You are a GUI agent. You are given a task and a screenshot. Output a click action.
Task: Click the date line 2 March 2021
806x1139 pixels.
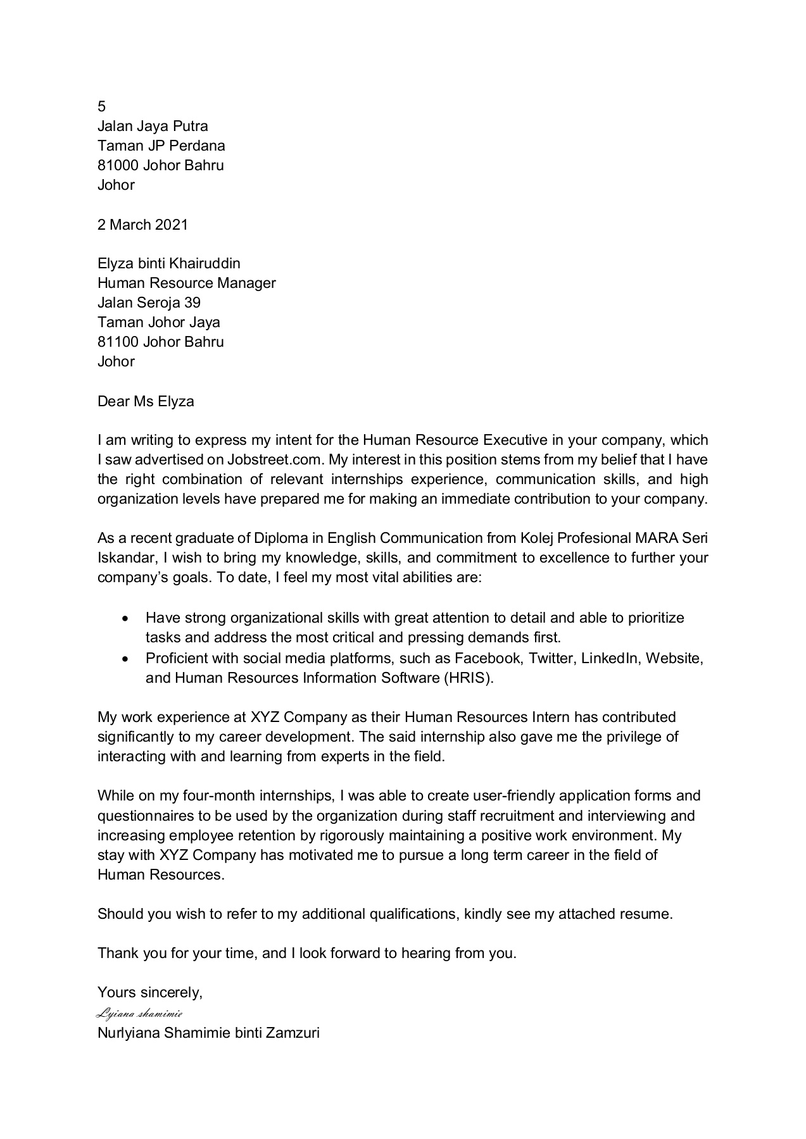click(x=142, y=225)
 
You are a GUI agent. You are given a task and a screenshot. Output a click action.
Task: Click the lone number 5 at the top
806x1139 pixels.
click(x=102, y=107)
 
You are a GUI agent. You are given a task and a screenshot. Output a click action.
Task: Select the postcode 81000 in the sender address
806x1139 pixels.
click(x=118, y=166)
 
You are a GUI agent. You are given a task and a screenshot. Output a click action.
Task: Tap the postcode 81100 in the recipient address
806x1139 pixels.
click(x=118, y=342)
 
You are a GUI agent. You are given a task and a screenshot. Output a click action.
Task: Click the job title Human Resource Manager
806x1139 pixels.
click(x=186, y=283)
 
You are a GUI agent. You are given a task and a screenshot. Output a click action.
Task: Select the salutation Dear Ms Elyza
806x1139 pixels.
click(x=146, y=401)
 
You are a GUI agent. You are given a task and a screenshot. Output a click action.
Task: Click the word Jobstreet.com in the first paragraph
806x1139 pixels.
click(x=279, y=459)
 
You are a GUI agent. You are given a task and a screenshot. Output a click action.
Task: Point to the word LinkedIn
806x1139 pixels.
click(x=610, y=658)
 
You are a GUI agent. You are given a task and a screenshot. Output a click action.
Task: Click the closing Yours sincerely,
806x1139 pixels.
click(x=150, y=993)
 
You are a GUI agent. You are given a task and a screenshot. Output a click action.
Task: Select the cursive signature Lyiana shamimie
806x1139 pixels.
click(x=139, y=1014)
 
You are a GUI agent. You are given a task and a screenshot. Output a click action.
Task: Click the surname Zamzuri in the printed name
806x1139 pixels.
click(x=293, y=1034)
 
